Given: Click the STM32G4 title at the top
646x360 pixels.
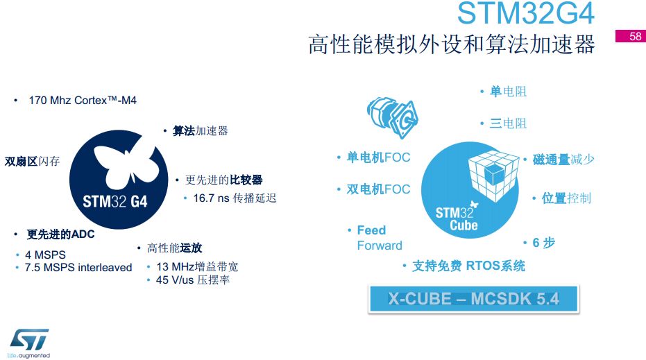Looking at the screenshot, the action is click(x=526, y=13).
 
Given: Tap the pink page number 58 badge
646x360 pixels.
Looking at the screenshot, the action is click(x=630, y=36).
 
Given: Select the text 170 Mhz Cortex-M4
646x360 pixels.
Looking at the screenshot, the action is click(x=83, y=101).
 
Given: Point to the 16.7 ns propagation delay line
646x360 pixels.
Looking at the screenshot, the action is click(x=235, y=198).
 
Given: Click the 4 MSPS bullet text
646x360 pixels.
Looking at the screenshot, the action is click(x=45, y=255).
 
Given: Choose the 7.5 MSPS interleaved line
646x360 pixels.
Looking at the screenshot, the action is click(x=78, y=267).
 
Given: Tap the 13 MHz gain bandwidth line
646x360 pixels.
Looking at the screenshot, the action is click(x=197, y=266).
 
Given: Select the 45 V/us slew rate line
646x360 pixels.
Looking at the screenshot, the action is click(x=193, y=280).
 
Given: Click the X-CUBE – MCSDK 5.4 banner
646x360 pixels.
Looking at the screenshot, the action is click(x=474, y=299).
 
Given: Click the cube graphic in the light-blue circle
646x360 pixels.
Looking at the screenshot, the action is click(x=493, y=176).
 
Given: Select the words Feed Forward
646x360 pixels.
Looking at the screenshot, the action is click(x=380, y=238).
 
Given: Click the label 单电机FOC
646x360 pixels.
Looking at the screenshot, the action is click(x=379, y=157).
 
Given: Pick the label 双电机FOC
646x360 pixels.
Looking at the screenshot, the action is click(x=379, y=189).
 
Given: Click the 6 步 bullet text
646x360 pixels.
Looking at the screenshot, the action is click(x=543, y=243).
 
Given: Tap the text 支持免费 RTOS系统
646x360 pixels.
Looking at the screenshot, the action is click(x=469, y=266).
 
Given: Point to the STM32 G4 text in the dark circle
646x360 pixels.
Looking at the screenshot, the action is click(x=115, y=201).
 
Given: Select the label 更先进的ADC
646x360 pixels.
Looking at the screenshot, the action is click(x=60, y=234).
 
